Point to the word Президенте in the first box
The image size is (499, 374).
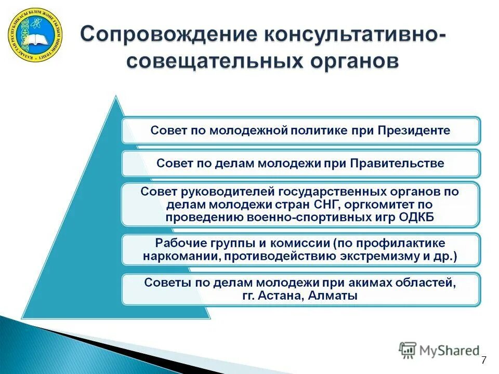pyautogui.click(x=418, y=130)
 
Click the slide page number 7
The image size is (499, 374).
pyautogui.click(x=484, y=360)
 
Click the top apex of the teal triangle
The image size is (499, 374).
pyautogui.click(x=116, y=97)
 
